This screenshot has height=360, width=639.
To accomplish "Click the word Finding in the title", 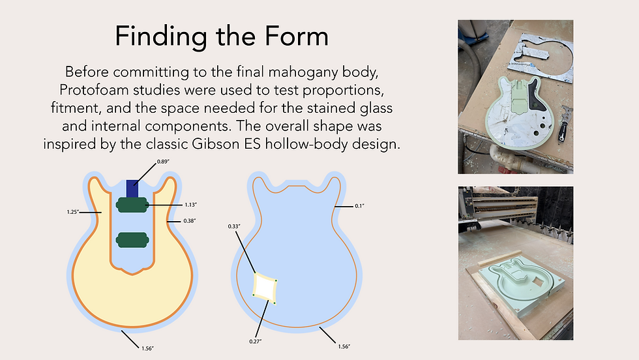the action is [x=161, y=37].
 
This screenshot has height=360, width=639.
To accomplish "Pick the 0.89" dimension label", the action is [x=163, y=162].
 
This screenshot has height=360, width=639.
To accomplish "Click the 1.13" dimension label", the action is [x=190, y=205].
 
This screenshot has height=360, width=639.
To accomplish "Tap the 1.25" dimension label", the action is [x=73, y=212].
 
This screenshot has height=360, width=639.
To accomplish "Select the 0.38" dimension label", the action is [x=190, y=221].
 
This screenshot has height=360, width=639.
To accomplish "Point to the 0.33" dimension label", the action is [x=234, y=226].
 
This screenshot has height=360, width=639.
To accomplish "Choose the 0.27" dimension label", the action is [x=256, y=341].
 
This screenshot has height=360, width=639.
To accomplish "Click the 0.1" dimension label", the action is [x=359, y=206].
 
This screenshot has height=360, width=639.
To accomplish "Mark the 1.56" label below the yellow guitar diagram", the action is [x=147, y=348].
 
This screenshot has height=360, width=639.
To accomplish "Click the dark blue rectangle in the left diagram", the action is [x=132, y=188].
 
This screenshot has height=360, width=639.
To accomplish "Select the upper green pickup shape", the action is [x=132, y=205].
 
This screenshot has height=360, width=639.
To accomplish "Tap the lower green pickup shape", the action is [x=132, y=240].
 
